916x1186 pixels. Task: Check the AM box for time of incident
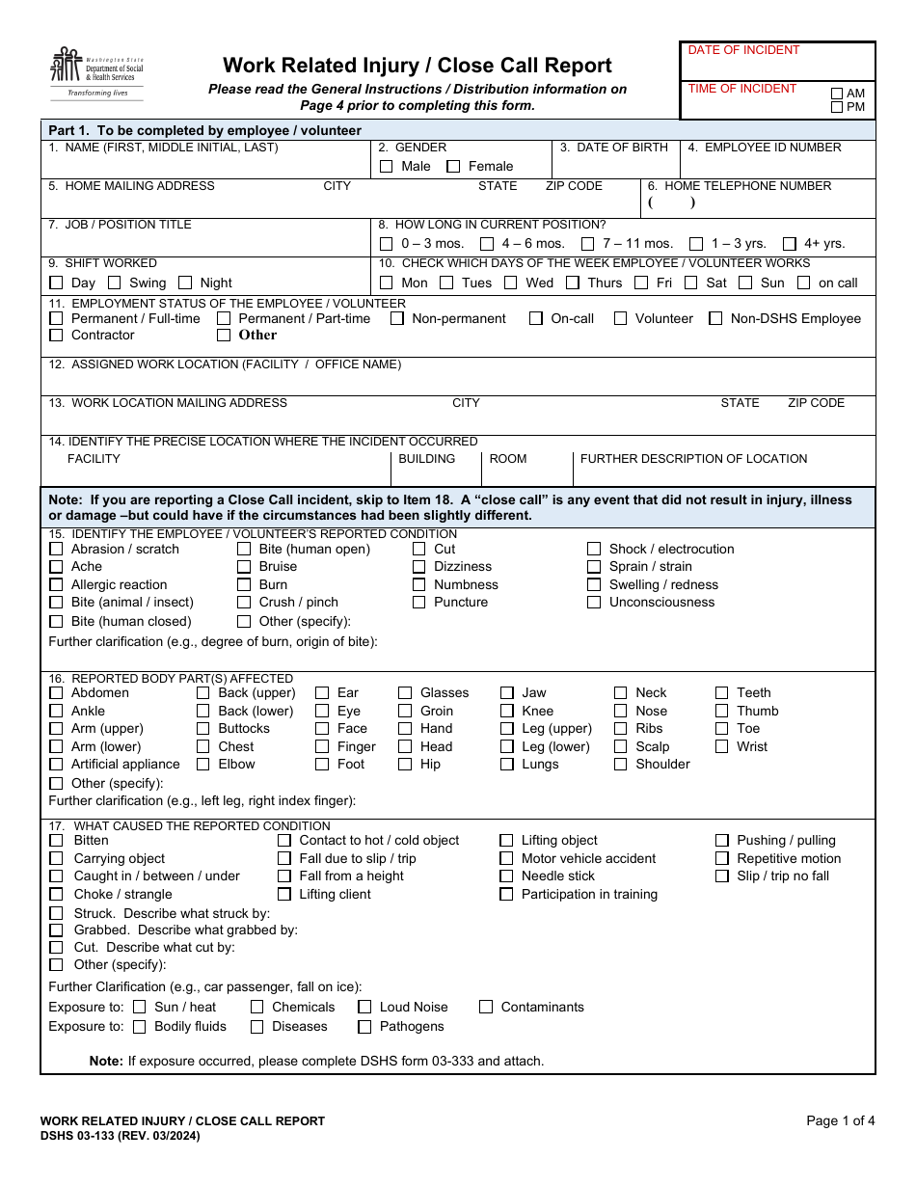tap(837, 94)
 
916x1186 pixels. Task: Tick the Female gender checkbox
tap(453, 167)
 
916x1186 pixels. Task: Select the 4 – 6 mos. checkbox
tap(487, 244)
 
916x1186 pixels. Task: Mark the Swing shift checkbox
tap(115, 283)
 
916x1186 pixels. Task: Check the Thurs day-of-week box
tap(573, 283)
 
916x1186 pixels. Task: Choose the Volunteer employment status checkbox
tap(620, 318)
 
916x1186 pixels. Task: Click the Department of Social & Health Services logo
tap(96, 73)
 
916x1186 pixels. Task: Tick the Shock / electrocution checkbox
tap(594, 549)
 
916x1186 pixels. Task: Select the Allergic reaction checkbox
tap(56, 584)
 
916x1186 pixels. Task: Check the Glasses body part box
tap(405, 692)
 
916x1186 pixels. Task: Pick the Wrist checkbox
tap(721, 746)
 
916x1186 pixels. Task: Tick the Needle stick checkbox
tap(506, 876)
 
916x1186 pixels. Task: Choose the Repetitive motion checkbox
tap(721, 858)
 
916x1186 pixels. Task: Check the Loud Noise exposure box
tap(364, 1007)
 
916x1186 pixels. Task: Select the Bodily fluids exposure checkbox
tap(139, 1027)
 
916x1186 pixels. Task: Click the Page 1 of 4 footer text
tap(841, 1120)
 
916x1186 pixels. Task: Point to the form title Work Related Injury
tap(417, 66)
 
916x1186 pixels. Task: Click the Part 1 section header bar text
tap(205, 130)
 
